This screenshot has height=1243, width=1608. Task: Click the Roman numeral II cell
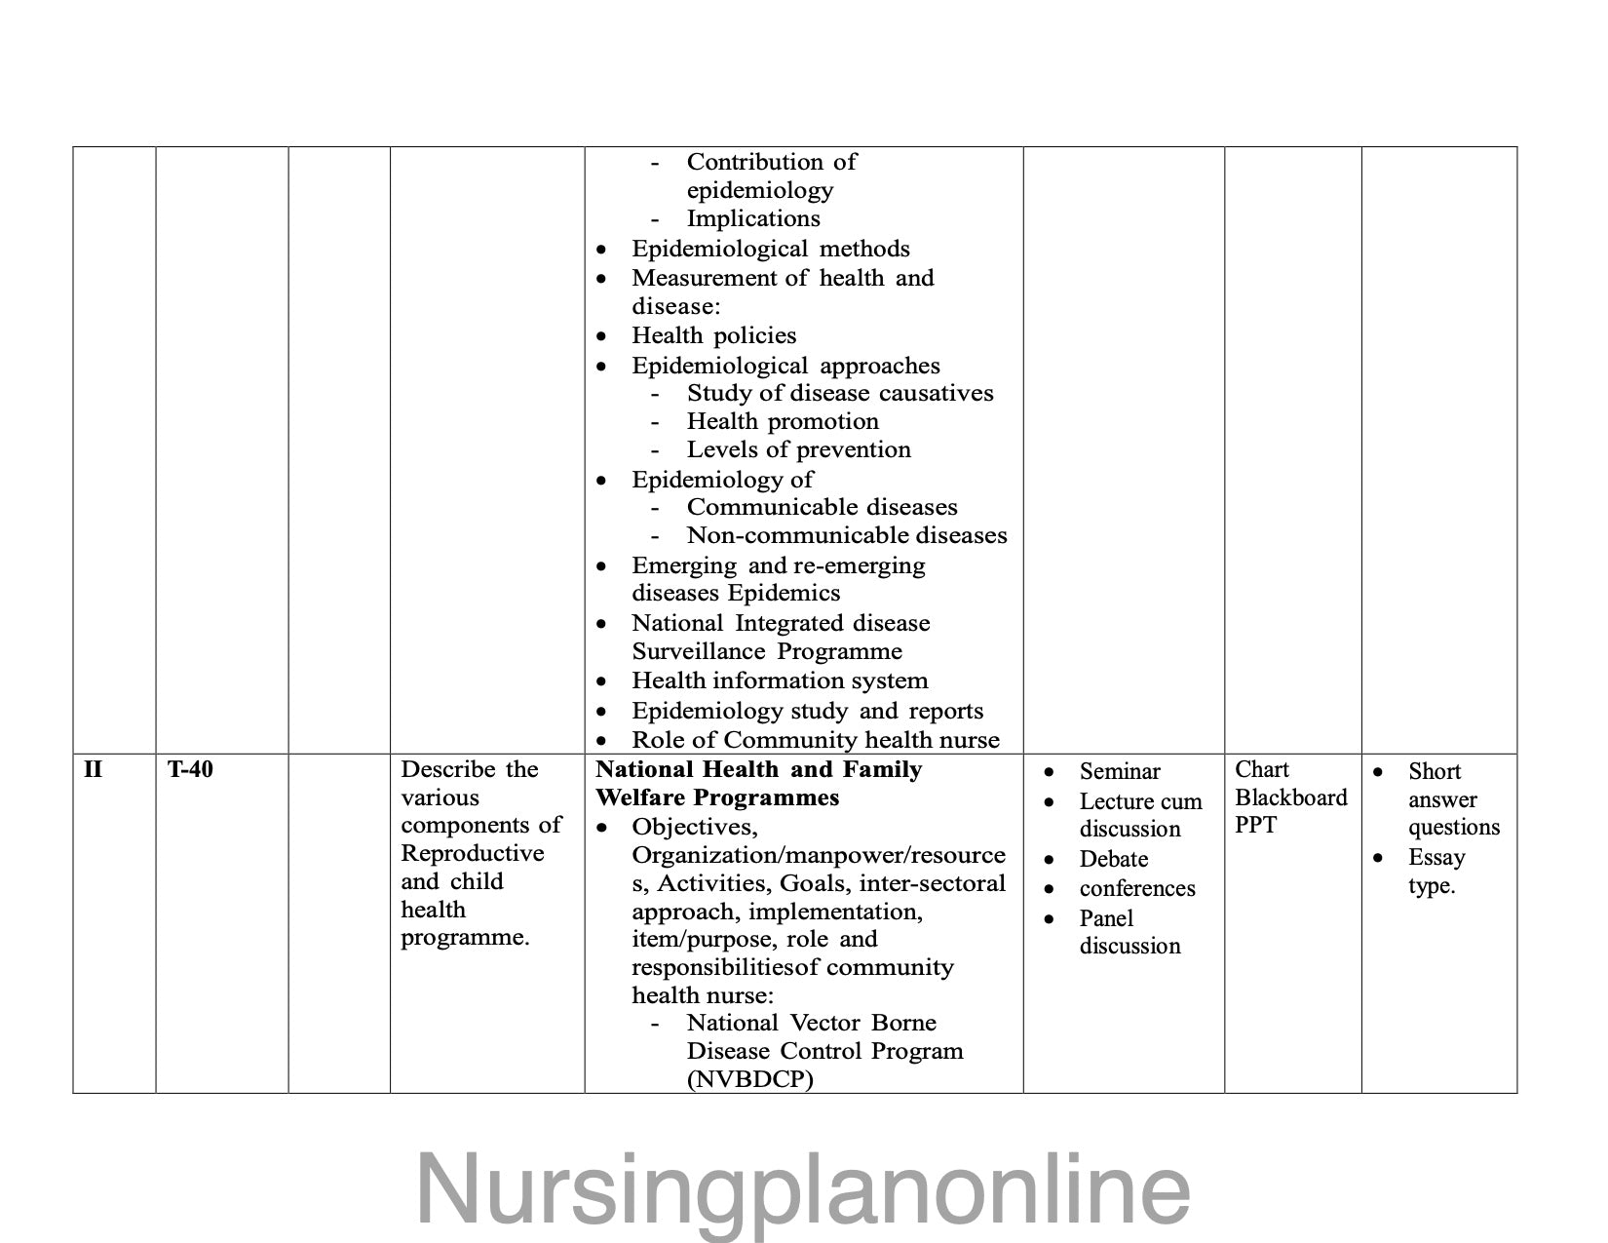93,770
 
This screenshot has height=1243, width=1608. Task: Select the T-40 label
190,770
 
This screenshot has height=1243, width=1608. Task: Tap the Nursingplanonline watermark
803,1188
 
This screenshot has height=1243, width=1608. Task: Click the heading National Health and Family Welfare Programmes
758,784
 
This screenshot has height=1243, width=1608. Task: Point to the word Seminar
1120,772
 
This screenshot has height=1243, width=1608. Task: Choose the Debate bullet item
1113,859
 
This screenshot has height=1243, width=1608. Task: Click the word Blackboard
1291,797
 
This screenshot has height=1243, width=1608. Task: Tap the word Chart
1262,770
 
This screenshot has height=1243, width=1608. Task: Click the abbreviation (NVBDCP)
749,1079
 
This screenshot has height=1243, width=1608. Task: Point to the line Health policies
713,335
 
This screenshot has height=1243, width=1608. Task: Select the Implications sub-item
753,218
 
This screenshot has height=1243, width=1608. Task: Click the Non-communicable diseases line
846,535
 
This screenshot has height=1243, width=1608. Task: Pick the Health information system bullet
780,680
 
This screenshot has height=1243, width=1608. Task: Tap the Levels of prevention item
798,449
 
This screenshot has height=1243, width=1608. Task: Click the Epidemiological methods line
770,249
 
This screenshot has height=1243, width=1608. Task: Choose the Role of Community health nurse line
815,740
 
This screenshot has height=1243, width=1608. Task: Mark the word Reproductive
473,853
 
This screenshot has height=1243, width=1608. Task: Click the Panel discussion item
1129,932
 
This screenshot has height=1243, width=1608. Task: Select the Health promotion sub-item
783,421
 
